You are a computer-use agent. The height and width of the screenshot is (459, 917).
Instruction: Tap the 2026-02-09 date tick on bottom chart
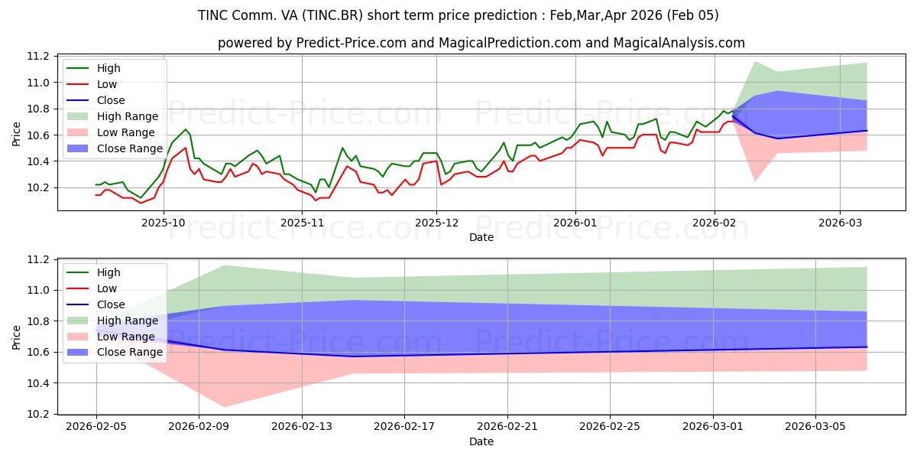[199, 426]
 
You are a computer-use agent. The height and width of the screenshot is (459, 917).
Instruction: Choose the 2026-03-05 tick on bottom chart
[815, 426]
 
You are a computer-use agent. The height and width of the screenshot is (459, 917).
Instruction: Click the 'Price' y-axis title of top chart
[17, 133]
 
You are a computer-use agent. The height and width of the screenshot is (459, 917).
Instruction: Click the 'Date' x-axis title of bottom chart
[481, 441]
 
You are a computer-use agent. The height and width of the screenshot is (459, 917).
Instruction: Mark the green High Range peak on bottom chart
[225, 265]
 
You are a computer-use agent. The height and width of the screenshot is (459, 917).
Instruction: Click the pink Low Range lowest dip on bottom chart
[225, 406]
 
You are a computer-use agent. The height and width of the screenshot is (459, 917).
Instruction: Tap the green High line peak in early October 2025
[185, 129]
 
